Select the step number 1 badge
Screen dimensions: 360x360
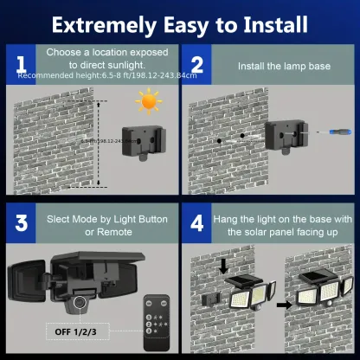pyautogui.click(x=18, y=66)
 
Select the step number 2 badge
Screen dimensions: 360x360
pyautogui.click(x=196, y=66)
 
